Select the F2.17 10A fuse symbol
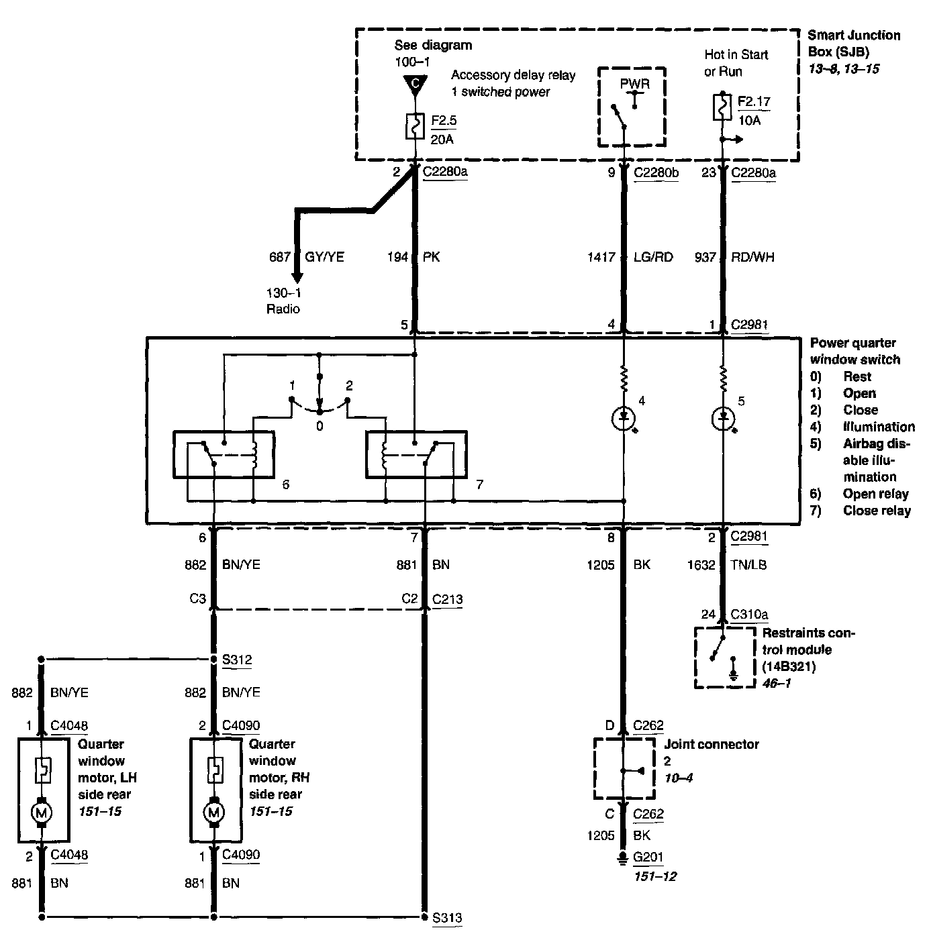(722, 107)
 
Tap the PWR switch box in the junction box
(632, 107)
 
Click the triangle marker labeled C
(415, 85)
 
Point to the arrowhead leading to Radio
(295, 278)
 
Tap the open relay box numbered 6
(224, 454)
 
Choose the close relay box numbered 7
(415, 454)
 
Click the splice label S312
(237, 660)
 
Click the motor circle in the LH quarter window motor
(42, 813)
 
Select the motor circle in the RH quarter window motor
(214, 813)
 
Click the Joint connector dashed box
(624, 769)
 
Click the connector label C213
(448, 599)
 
